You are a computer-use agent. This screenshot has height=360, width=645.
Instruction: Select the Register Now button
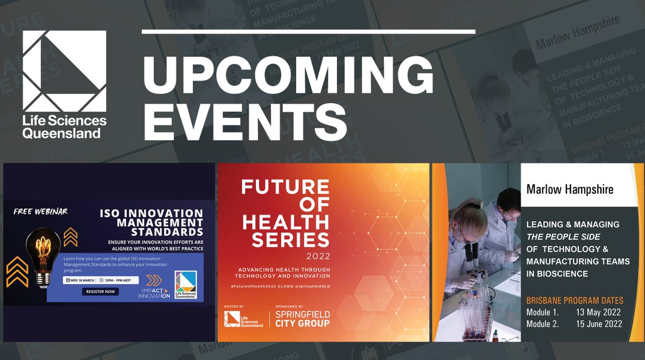coord(101,292)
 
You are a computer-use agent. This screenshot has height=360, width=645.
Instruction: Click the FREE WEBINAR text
coord(41,211)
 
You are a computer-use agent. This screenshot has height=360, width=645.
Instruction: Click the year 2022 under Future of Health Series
coord(319,255)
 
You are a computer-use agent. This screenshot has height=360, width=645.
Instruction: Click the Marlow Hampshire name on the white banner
coord(570,189)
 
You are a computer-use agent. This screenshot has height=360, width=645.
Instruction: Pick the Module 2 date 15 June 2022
coord(599,323)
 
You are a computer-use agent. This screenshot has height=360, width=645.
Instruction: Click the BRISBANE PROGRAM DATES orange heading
coord(575,300)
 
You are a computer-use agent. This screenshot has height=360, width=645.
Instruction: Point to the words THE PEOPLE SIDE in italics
coord(562,236)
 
